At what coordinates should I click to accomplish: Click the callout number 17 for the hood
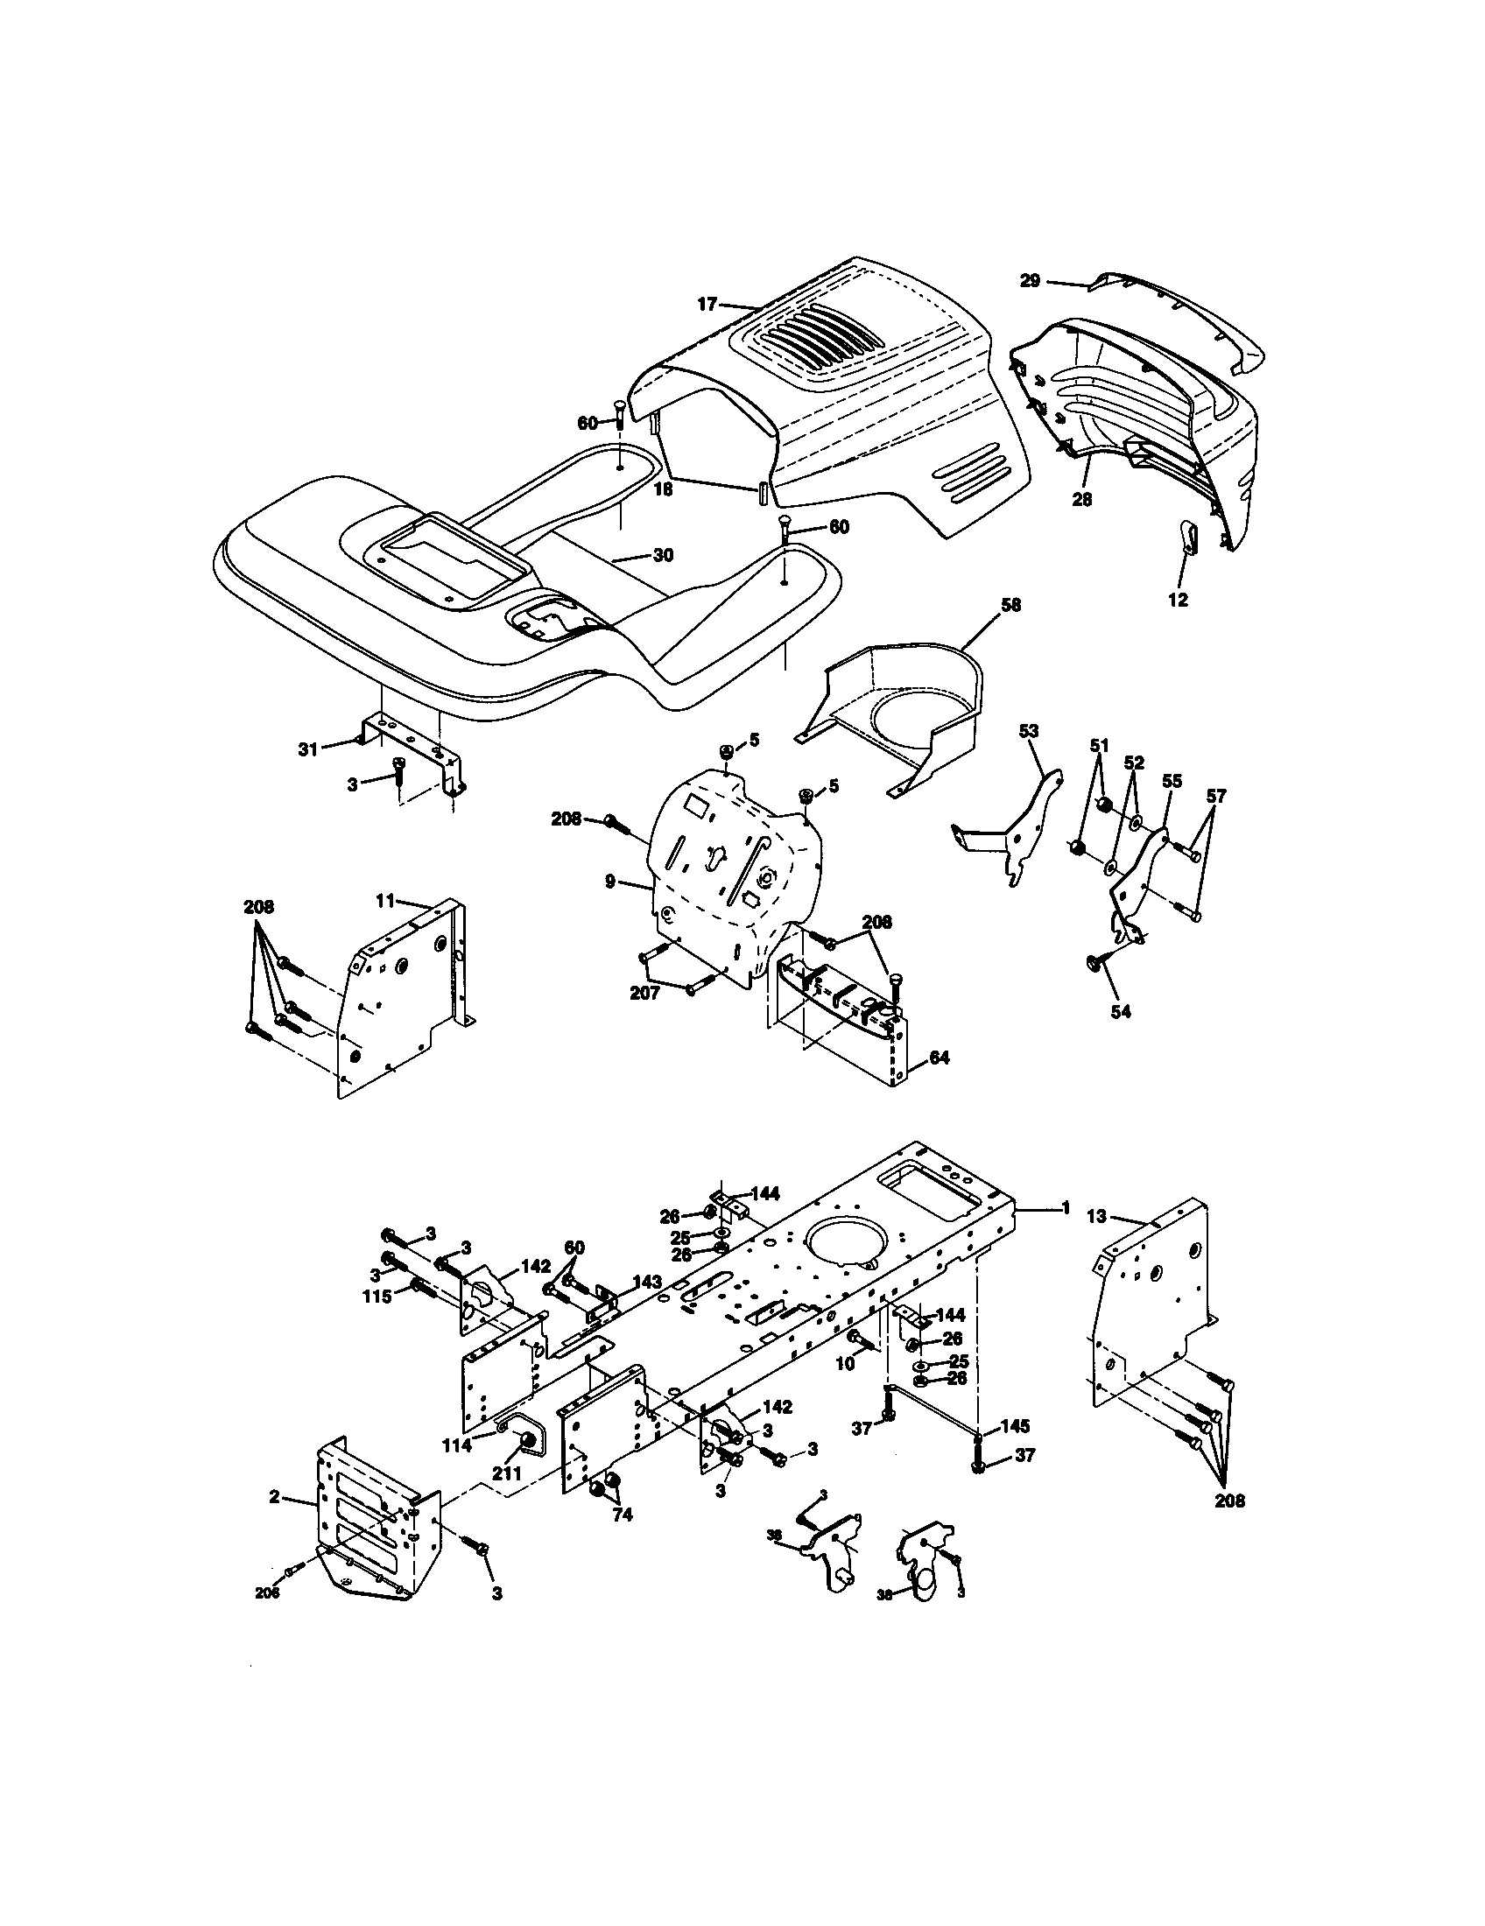tap(707, 305)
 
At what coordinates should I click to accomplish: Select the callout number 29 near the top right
tap(1030, 281)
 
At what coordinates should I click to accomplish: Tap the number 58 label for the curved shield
tap(1010, 607)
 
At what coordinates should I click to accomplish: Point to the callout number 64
tap(940, 1058)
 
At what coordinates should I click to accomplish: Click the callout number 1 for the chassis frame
tap(1066, 1207)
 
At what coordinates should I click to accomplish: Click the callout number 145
tap(1013, 1427)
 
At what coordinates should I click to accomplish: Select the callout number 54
tap(1120, 1011)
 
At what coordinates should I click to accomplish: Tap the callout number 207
tap(645, 993)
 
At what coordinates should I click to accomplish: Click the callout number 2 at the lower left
tap(274, 1495)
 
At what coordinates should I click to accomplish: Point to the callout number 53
tap(1028, 730)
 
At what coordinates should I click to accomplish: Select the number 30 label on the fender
tap(663, 555)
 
